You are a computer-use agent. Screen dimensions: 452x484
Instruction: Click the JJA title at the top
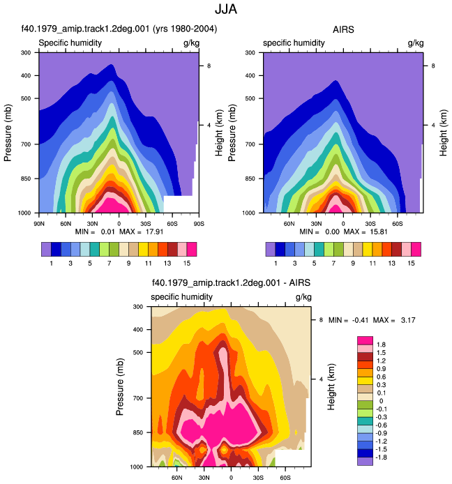coord(226,9)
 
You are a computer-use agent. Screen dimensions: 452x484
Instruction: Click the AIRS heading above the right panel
coord(343,29)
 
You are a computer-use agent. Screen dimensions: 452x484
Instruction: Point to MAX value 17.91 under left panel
coord(154,232)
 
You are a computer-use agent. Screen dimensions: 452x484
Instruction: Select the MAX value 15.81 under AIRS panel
coord(379,232)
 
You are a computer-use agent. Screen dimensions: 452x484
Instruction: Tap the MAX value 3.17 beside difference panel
coord(408,320)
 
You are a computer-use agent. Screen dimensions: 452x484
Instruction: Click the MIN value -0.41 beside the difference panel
coord(361,320)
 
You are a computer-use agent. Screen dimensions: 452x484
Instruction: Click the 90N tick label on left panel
coord(39,223)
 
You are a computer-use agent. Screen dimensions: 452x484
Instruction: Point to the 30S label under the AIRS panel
coord(370,223)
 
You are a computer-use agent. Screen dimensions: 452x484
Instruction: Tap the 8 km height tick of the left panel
coord(209,66)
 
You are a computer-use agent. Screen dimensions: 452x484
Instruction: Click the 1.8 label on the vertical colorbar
coord(381,345)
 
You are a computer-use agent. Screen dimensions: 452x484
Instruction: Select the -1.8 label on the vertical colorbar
coord(380,457)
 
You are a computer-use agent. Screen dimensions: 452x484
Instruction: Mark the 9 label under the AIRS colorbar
coord(353,264)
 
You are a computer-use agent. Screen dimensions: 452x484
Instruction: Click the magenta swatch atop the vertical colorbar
coord(365,340)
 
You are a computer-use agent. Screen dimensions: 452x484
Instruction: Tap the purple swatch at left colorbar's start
coord(46,249)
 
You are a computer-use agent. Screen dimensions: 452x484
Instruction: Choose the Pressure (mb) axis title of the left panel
coord(8,133)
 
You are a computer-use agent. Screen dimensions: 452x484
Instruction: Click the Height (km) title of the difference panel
coord(331,387)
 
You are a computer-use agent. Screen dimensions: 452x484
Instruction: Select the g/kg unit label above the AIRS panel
coord(416,43)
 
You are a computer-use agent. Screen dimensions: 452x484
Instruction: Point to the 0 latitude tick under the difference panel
coord(231,478)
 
